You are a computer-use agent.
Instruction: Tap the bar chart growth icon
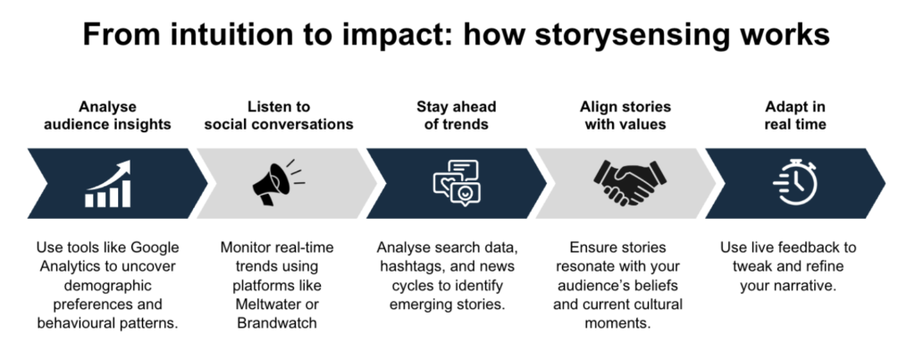108,184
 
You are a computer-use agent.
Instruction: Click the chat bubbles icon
457,182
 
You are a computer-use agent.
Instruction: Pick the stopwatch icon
795,182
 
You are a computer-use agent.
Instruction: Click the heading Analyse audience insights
107,115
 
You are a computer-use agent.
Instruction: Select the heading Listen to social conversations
279,115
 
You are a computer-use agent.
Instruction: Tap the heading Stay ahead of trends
457,115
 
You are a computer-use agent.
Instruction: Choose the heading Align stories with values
625,115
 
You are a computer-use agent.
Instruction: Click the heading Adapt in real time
795,115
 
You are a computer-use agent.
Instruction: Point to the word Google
155,248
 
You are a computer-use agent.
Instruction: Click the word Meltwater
277,304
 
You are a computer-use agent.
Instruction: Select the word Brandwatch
277,323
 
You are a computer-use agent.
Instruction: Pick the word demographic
108,285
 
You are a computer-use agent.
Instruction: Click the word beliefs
660,285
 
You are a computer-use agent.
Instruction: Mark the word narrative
807,285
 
